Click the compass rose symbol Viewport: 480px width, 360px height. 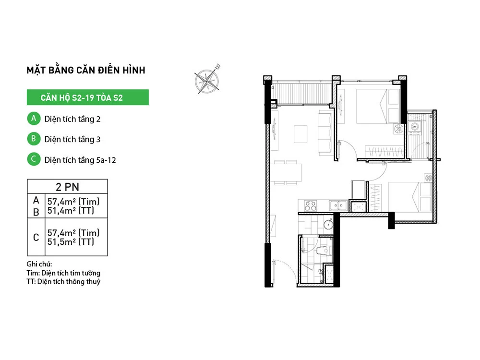(x=207, y=80)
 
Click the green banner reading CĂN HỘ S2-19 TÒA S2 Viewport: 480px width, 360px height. (x=87, y=97)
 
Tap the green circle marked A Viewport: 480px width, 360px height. (x=34, y=119)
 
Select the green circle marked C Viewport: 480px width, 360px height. (x=34, y=159)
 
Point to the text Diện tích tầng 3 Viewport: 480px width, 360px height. (x=72, y=139)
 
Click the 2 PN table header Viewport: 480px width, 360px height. (x=67, y=187)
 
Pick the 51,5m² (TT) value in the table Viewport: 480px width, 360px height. (x=71, y=242)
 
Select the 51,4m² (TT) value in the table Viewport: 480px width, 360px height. (x=71, y=211)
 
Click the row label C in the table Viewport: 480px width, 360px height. (x=36, y=237)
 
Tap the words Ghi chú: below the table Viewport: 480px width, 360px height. (x=39, y=264)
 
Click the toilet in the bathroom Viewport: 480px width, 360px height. (x=324, y=250)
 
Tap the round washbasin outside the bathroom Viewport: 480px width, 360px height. (x=328, y=225)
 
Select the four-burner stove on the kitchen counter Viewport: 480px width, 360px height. (x=311, y=206)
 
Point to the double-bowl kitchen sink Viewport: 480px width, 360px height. (x=338, y=205)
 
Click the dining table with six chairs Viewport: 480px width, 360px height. (x=286, y=172)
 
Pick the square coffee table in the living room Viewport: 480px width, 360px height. (x=300, y=134)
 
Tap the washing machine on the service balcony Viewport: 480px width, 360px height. (x=415, y=128)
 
